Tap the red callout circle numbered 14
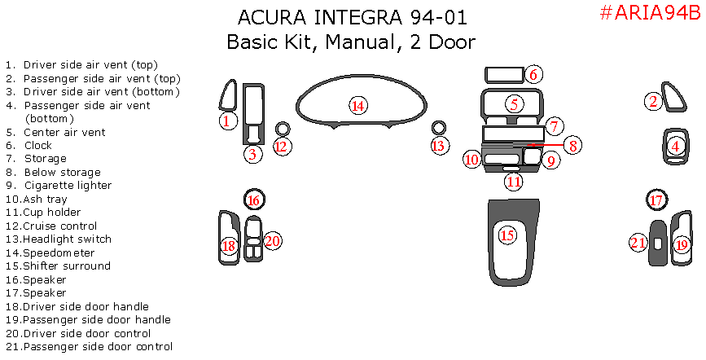[357, 105]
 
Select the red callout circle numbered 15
[507, 236]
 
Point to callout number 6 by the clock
[533, 75]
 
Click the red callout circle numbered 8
[573, 146]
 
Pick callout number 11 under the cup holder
[513, 182]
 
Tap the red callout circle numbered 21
[638, 242]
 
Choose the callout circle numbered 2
[653, 101]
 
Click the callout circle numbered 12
[281, 147]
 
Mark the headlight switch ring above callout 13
[439, 128]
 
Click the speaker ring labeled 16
[253, 199]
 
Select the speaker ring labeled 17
[656, 199]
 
